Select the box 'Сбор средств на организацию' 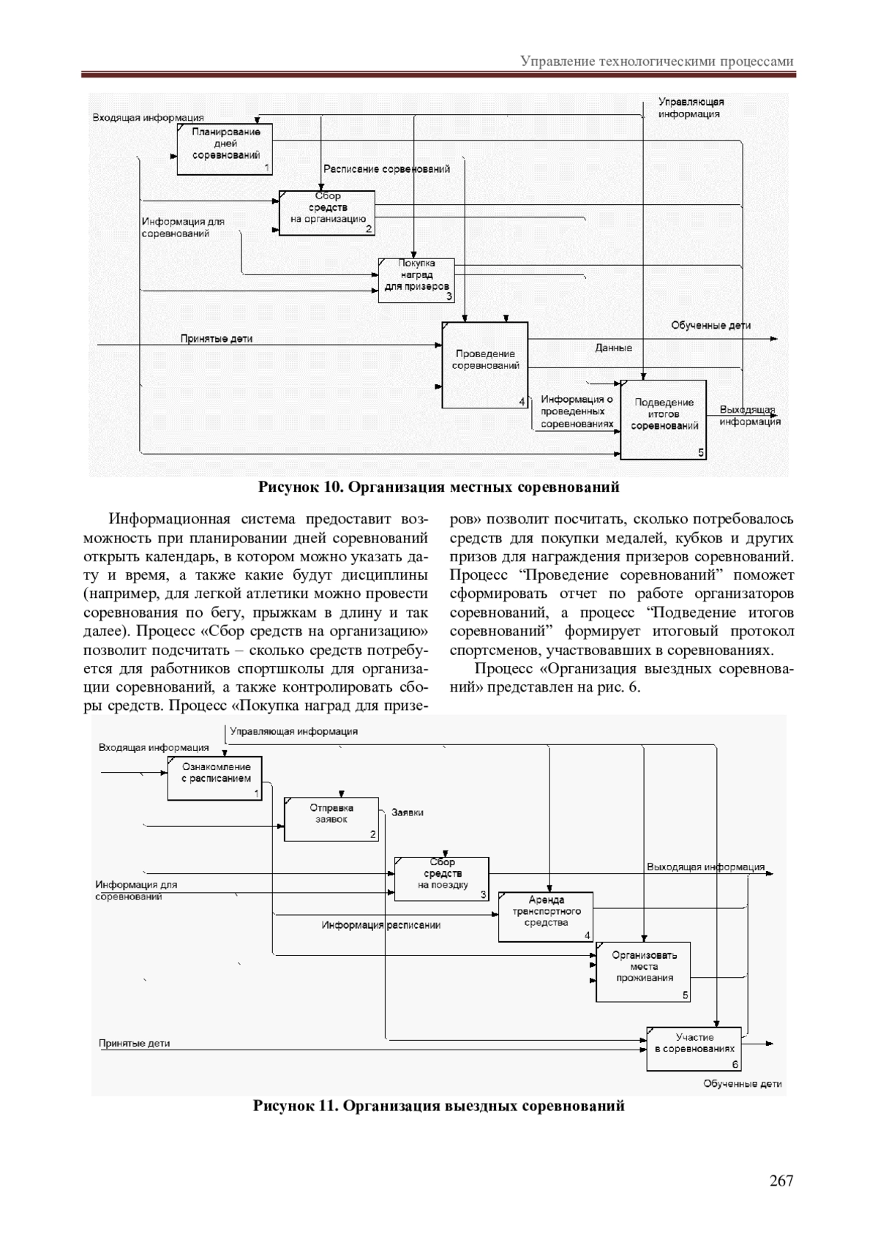(x=327, y=213)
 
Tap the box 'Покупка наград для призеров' (x=416, y=280)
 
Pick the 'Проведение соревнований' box (x=484, y=364)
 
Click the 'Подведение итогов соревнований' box (x=664, y=419)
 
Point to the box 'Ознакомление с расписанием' (x=214, y=778)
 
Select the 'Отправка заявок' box (x=331, y=818)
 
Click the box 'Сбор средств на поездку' (x=442, y=878)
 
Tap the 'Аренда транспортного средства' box (x=546, y=916)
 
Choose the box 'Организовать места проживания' (x=643, y=972)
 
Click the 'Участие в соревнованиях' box (x=694, y=1049)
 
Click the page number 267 (x=781, y=1181)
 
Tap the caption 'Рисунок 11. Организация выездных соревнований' (x=438, y=1106)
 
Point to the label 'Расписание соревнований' (x=386, y=169)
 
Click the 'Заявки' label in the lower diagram (x=408, y=812)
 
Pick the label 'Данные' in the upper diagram (x=613, y=348)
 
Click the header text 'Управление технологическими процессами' (x=657, y=61)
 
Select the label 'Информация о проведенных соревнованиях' (x=577, y=411)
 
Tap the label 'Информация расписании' (x=381, y=925)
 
